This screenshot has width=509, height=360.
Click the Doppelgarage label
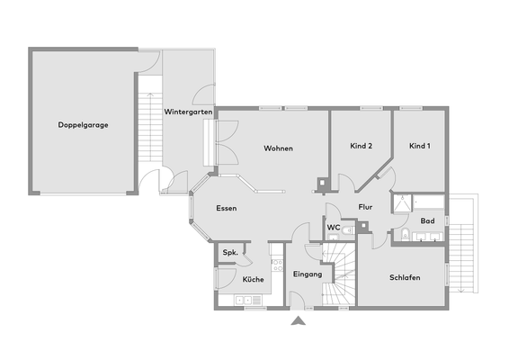click(x=83, y=125)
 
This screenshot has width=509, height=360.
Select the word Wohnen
click(x=278, y=148)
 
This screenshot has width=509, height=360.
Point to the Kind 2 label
click(x=361, y=146)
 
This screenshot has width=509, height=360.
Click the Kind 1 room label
click(x=419, y=146)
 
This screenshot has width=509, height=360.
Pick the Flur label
click(x=365, y=207)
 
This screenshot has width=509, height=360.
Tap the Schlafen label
click(x=405, y=277)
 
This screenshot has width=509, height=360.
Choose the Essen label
click(x=227, y=208)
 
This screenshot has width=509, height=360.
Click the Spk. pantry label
click(x=229, y=254)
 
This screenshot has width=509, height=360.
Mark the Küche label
click(x=253, y=280)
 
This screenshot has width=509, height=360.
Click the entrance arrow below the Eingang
click(x=299, y=319)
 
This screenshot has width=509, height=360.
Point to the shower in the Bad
click(x=405, y=203)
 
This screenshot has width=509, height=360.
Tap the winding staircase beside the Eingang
click(x=339, y=274)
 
